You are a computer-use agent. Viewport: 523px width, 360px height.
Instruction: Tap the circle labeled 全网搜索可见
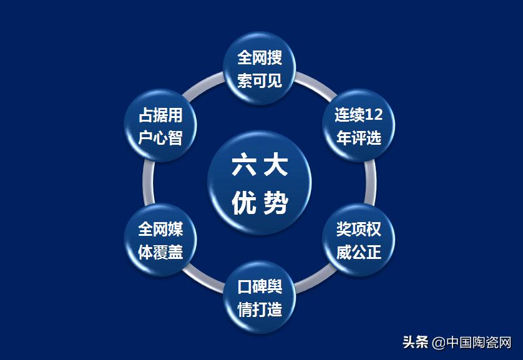pyautogui.click(x=260, y=69)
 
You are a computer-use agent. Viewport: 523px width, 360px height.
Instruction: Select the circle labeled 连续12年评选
pyautogui.click(x=358, y=126)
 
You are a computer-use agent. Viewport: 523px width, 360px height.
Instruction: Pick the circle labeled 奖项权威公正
pyautogui.click(x=358, y=240)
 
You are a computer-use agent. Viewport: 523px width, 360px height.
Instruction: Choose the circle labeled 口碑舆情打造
pyautogui.click(x=260, y=298)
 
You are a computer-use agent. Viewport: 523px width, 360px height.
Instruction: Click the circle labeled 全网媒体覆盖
pyautogui.click(x=160, y=240)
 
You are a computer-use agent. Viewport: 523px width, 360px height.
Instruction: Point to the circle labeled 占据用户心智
pyautogui.click(x=160, y=126)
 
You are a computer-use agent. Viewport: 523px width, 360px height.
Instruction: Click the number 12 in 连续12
pyautogui.click(x=373, y=115)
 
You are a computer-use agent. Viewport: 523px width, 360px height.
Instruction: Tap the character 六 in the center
pyautogui.click(x=242, y=165)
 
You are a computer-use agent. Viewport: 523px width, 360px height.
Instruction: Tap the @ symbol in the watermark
pyautogui.click(x=438, y=343)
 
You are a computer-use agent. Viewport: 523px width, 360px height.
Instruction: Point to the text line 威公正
pyautogui.click(x=358, y=252)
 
